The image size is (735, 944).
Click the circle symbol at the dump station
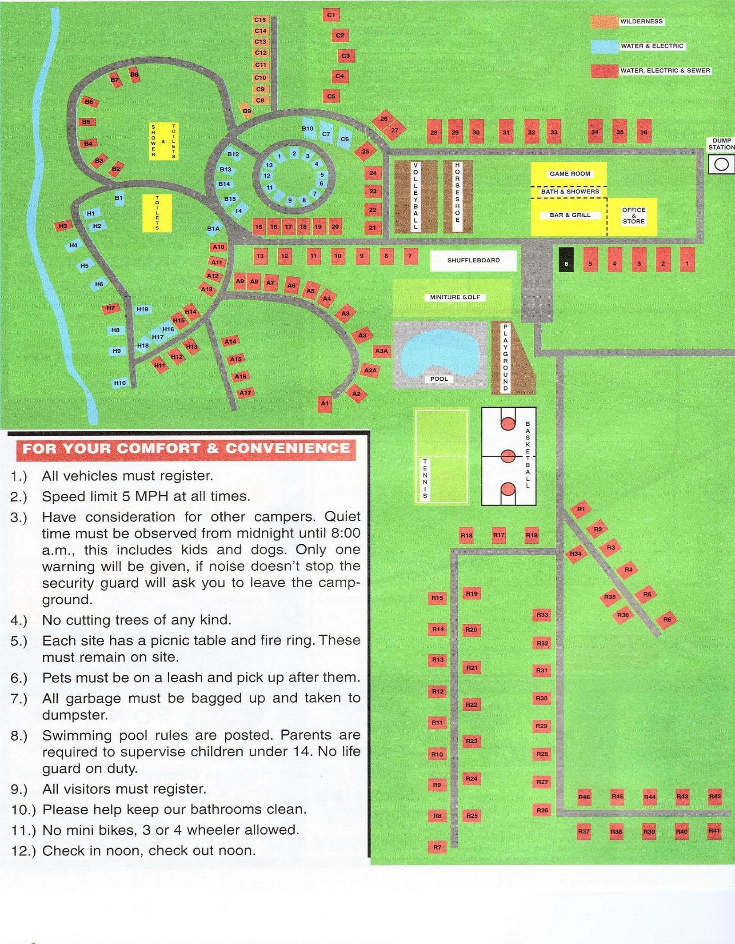[722, 164]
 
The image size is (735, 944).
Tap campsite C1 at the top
[331, 15]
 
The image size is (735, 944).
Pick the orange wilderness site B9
[247, 111]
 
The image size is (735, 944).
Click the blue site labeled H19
[142, 309]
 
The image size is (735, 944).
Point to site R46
[584, 797]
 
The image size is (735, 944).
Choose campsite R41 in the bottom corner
[714, 830]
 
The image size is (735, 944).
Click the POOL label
[439, 379]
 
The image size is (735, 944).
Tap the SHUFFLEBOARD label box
[473, 260]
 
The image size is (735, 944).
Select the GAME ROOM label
[570, 174]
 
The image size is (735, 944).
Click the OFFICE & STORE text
[634, 215]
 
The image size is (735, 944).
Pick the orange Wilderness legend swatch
[604, 22]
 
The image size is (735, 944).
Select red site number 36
[643, 131]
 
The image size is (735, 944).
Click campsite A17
[245, 393]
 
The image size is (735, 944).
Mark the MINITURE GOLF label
[455, 297]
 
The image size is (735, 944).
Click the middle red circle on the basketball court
[508, 456]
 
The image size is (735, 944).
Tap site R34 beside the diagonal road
[575, 554]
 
